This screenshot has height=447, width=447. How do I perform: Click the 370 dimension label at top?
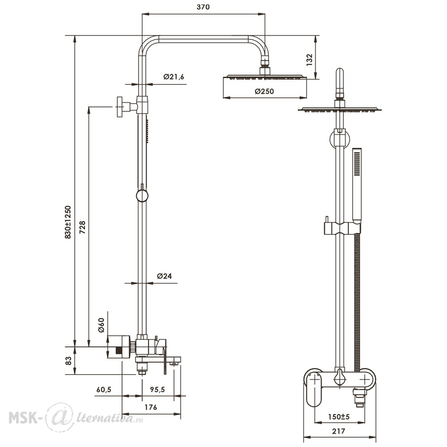203,7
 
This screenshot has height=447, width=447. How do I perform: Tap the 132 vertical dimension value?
309,60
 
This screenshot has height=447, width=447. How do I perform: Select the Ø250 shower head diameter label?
264,91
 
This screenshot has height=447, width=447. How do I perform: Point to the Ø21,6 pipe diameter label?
173,77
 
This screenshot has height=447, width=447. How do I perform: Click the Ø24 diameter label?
164,276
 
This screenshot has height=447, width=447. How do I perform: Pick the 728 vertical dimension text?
82,227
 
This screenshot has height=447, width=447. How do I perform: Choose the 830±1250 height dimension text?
68,222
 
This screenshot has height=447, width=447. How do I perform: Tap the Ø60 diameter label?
101,325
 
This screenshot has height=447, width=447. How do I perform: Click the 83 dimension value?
68,361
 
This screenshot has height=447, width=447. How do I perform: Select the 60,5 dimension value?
104,389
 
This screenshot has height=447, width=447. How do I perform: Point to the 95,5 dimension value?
157,389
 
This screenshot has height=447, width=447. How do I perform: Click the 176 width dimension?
151,407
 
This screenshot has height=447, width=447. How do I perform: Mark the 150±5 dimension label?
339,417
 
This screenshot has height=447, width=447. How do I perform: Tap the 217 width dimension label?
339,431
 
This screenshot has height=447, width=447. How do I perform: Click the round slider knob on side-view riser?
142,196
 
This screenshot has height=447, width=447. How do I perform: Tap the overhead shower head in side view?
265,76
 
